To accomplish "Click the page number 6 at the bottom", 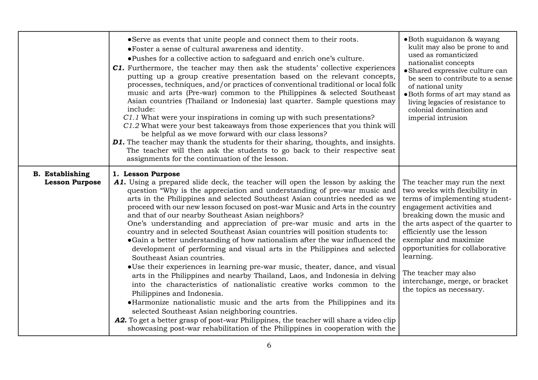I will click(269, 345).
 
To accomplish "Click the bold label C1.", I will click(118, 68).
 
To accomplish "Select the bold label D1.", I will click(118, 142).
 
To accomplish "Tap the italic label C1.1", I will click(131, 117).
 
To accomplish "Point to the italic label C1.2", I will click(131, 126).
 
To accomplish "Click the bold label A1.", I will click(120, 182).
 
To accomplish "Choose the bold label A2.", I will click(121, 320).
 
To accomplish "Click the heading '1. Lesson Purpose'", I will click(146, 174).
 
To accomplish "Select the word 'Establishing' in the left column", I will click(67, 174).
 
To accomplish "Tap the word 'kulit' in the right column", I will click(416, 47).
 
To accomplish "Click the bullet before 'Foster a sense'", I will click(129, 49).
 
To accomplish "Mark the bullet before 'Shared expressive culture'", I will click(406, 71).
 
